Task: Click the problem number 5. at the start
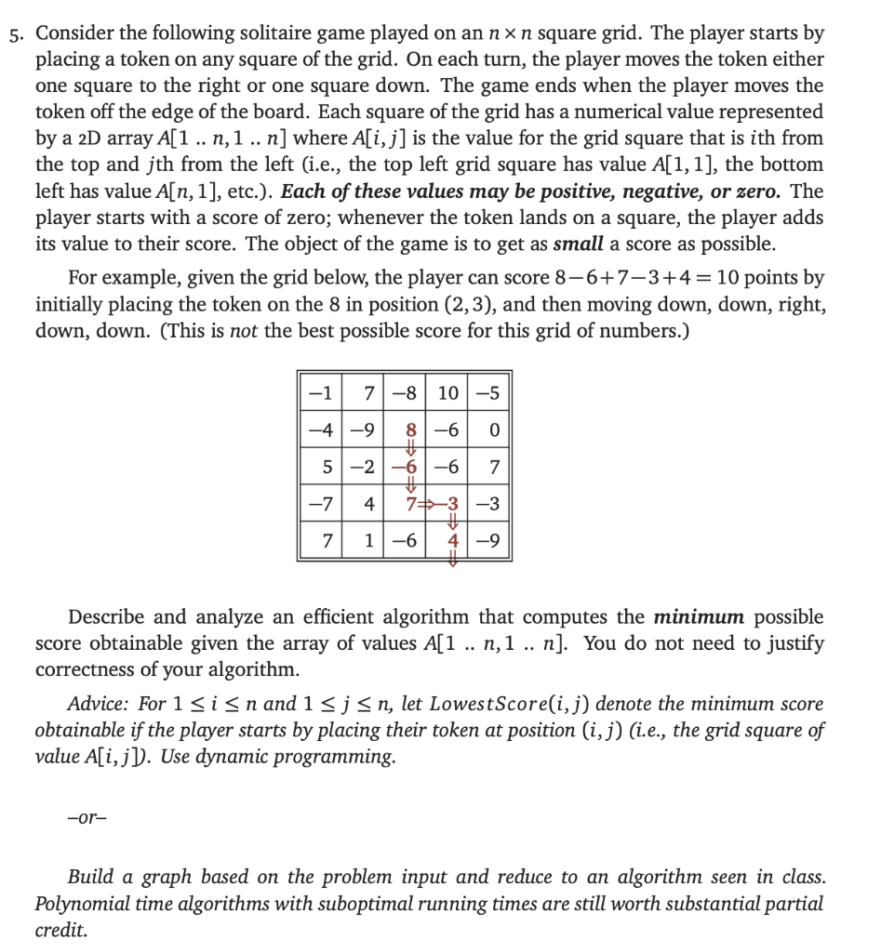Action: (x=18, y=34)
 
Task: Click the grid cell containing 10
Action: (x=447, y=393)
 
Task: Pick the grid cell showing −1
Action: (x=319, y=393)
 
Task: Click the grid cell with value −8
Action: (x=406, y=393)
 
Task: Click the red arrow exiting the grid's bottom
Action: (x=452, y=559)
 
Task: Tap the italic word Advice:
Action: (x=98, y=705)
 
